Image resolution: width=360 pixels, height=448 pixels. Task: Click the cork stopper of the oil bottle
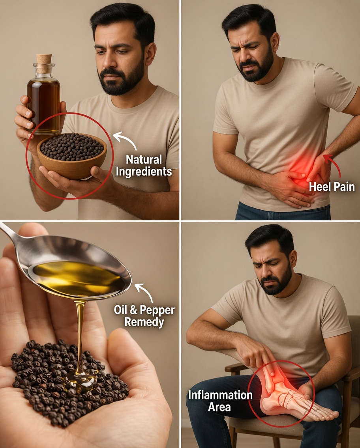pyautogui.click(x=44, y=59)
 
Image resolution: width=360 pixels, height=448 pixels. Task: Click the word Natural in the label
pyautogui.click(x=144, y=160)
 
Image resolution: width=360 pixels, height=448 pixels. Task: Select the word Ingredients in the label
pyautogui.click(x=149, y=172)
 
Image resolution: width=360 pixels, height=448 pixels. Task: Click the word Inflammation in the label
pyautogui.click(x=220, y=395)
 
